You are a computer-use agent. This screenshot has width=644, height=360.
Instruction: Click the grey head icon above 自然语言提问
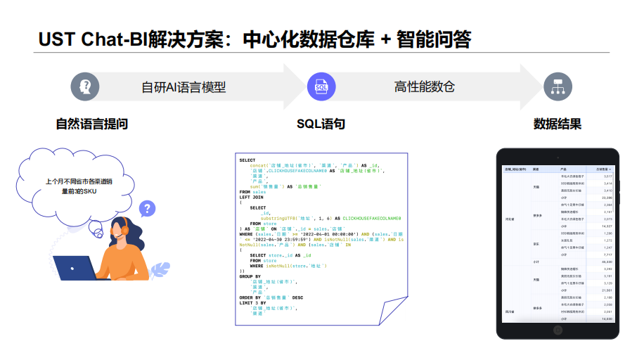tap(85, 86)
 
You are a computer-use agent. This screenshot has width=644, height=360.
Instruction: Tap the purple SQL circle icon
tap(321, 86)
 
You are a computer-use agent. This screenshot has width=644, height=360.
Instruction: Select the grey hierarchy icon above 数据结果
tap(557, 86)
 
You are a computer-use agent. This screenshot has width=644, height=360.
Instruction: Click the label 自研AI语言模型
tap(183, 87)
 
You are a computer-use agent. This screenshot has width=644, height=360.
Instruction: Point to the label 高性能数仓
tap(425, 86)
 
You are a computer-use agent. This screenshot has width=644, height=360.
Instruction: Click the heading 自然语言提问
tap(91, 124)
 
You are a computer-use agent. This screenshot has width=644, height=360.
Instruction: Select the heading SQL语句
tap(321, 124)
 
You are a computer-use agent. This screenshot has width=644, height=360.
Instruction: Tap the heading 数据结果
tap(558, 124)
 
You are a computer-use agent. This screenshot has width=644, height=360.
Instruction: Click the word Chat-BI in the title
tap(110, 39)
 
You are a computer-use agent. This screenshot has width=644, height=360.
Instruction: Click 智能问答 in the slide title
tap(434, 39)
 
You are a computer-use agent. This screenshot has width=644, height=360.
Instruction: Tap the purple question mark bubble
tap(147, 209)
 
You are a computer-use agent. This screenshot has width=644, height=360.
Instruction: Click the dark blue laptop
tap(77, 269)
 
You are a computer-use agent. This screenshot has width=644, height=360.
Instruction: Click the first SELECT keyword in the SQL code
tap(247, 160)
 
